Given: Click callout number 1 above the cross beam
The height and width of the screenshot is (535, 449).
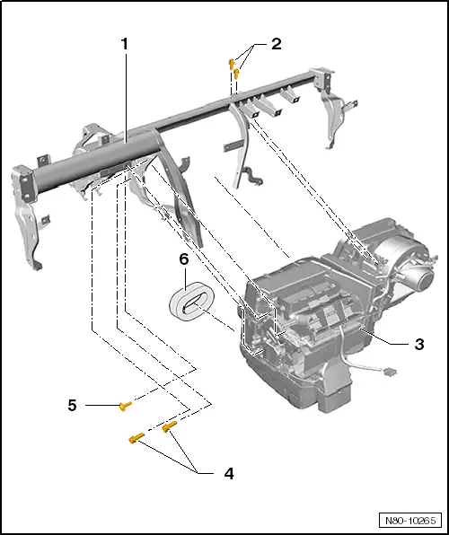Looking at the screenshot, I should click(125, 42).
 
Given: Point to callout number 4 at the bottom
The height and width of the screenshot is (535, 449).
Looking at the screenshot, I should click(229, 472).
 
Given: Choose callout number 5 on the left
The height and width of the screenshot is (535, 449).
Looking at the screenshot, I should click(72, 405).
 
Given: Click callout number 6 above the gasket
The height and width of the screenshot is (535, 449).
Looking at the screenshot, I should click(183, 259).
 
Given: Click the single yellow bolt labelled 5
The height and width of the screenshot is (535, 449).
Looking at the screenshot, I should click(125, 406).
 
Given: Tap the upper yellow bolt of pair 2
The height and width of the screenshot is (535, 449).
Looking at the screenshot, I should click(232, 62).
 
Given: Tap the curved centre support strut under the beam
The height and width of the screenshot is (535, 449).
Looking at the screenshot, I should click(241, 144).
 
